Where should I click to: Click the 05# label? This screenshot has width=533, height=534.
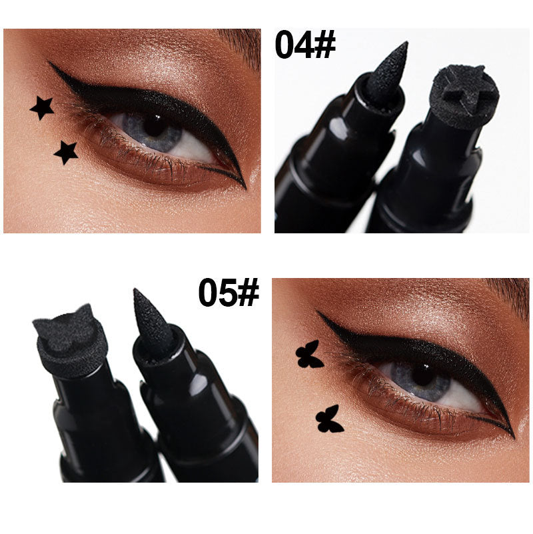point(229,293)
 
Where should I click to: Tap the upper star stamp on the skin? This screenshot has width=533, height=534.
point(42,107)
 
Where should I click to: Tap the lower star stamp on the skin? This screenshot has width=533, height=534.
point(65,152)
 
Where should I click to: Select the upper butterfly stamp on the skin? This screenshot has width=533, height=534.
point(308,355)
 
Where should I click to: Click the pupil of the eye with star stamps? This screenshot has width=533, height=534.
point(155,125)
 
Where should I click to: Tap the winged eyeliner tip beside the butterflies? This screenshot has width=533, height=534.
point(320,313)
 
